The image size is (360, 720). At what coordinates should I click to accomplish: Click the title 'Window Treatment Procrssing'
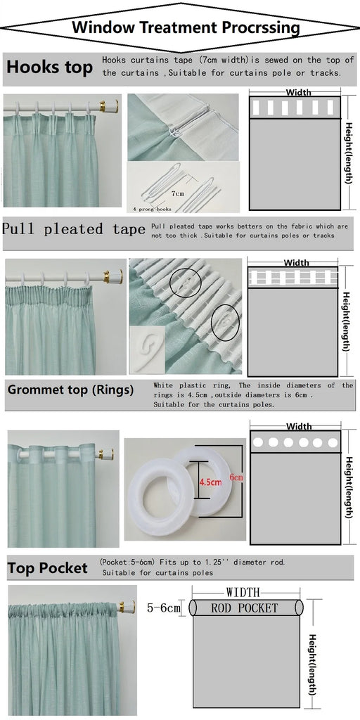186,27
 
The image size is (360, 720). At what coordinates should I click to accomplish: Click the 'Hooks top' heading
50,67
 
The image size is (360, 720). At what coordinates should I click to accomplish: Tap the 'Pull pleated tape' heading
74,229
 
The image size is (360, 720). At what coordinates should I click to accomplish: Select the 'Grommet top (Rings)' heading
71,390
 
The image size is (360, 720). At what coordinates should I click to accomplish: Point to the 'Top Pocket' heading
47,568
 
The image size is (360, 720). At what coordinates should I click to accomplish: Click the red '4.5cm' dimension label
210,482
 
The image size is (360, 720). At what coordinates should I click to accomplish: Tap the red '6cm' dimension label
236,477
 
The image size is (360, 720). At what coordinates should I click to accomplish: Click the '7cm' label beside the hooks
178,193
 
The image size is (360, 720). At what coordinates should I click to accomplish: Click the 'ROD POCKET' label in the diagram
244,608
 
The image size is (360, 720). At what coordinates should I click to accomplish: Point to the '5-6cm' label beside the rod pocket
163,608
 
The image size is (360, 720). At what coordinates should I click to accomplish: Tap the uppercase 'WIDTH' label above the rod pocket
243,592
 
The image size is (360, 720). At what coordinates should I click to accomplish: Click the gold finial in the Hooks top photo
110,107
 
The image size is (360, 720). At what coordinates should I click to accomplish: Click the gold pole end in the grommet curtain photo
106,455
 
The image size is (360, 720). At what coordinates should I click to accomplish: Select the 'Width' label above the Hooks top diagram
298,93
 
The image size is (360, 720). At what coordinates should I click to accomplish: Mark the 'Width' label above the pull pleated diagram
297,263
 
